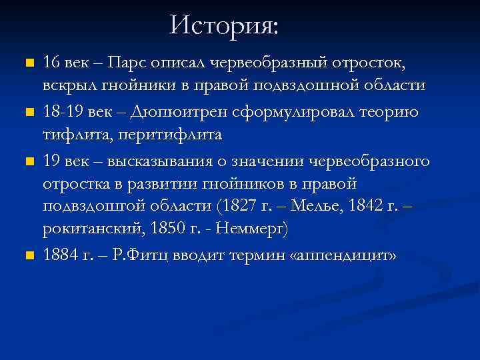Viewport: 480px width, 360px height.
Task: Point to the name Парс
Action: pos(128,63)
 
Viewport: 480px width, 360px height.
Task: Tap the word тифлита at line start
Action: pos(70,135)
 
